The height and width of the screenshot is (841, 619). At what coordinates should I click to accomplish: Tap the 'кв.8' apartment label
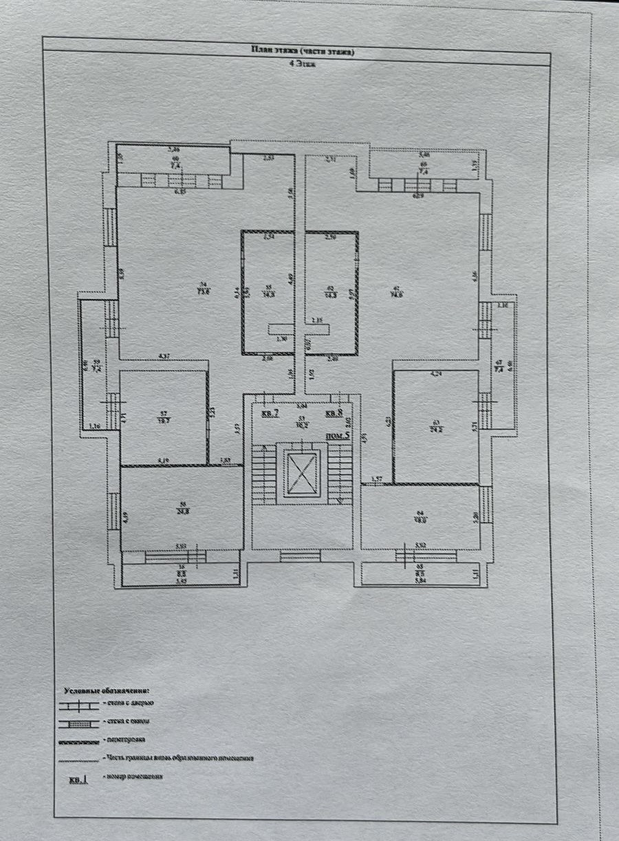pyautogui.click(x=334, y=413)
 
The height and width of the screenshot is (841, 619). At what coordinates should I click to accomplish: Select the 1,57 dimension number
pyautogui.click(x=376, y=479)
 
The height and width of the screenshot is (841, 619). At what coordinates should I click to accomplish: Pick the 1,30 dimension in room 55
pyautogui.click(x=281, y=339)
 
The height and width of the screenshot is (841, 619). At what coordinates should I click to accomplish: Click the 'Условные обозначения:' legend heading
pyautogui.click(x=107, y=689)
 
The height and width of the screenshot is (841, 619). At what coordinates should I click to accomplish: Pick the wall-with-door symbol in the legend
pyautogui.click(x=78, y=704)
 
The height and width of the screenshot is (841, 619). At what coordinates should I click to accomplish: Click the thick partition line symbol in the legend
pyautogui.click(x=78, y=741)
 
